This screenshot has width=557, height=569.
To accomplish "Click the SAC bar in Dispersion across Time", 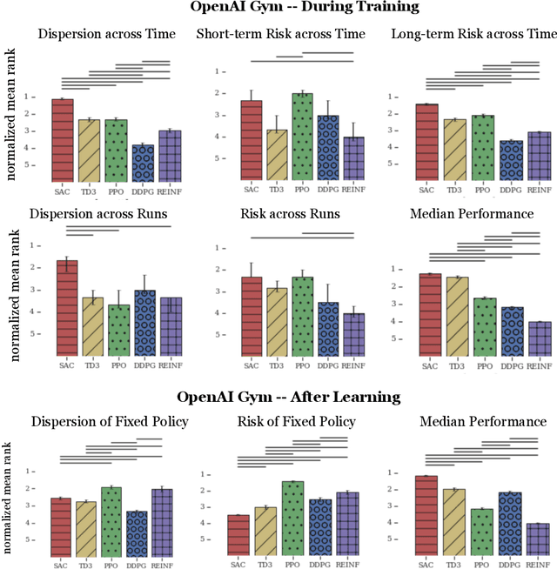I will pos(63,139).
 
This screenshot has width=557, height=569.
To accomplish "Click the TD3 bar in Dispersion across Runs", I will pos(90,326).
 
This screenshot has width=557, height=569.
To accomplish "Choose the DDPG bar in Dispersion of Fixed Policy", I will pos(137,533).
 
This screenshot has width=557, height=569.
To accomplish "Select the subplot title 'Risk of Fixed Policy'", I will pos(297,422).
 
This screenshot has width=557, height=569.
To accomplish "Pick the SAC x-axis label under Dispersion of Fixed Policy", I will pos(61,565).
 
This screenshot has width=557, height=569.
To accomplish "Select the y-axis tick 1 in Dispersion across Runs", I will pos(32,245).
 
